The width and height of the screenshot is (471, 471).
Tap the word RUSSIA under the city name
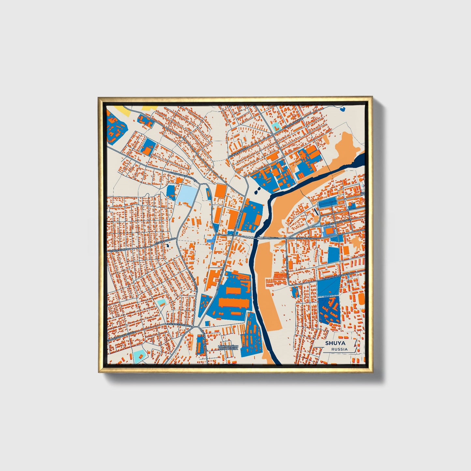[339, 349]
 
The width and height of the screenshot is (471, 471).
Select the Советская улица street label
[302, 239]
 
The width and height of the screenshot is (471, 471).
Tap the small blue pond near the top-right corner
[343, 109]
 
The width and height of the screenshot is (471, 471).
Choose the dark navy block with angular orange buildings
[329, 309]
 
